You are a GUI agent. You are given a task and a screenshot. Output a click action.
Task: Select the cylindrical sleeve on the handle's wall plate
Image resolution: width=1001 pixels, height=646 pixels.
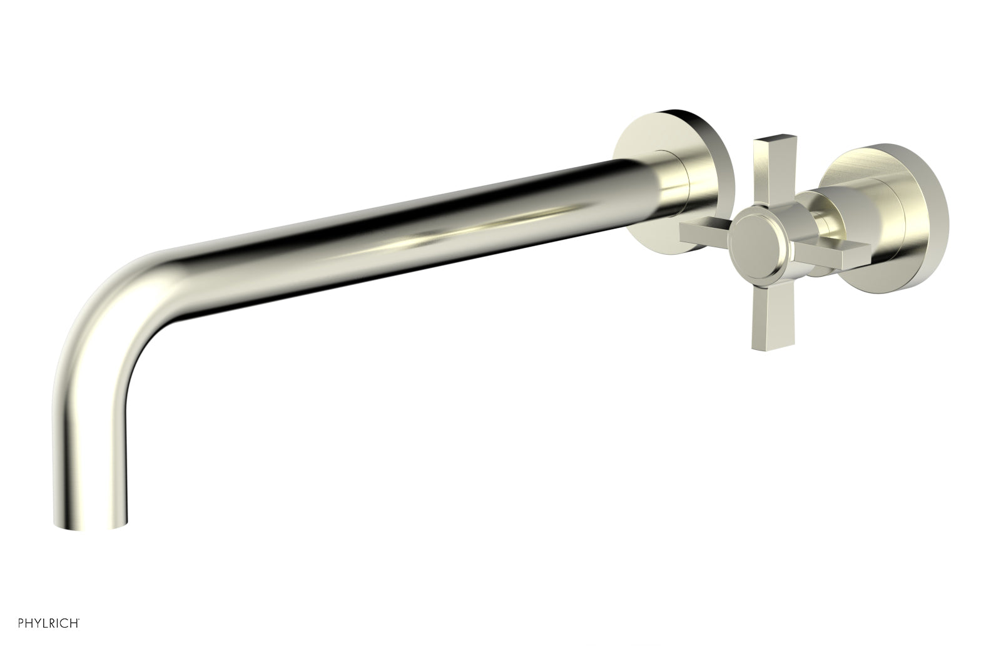860,213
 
